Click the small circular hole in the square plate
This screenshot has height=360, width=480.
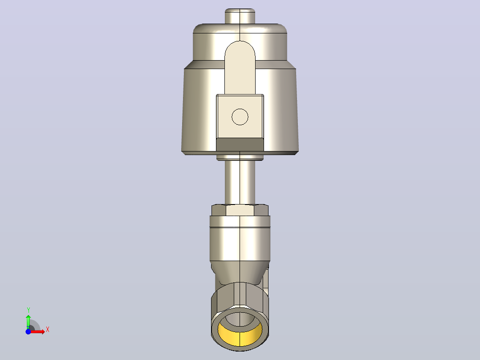(240, 117)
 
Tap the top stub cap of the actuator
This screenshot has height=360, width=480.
(240, 16)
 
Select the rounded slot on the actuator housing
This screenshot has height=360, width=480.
(240, 68)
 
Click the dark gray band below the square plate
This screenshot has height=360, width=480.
(240, 145)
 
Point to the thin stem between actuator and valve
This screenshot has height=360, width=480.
(240, 182)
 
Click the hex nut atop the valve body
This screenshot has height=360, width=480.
(240, 210)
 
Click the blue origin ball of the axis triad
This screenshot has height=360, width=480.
(28, 331)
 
